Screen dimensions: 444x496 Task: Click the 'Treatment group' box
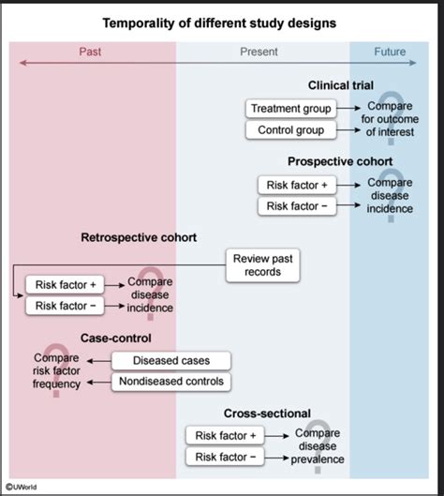(290, 109)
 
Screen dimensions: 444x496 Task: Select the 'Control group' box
(290, 129)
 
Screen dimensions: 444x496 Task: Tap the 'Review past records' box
(262, 265)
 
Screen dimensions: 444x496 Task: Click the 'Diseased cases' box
(171, 361)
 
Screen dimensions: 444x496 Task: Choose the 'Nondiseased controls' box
(171, 382)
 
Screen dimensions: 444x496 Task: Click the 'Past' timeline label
(90, 52)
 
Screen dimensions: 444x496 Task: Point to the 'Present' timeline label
(259, 52)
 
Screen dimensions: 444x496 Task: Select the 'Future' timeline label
(390, 52)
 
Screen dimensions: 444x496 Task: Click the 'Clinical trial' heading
(341, 85)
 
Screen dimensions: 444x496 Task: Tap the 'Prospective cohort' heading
(340, 161)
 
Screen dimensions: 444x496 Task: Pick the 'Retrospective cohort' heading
(139, 237)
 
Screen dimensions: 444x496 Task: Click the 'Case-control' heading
(115, 338)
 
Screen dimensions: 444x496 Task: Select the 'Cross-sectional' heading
(267, 413)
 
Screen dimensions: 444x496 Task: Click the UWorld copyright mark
(22, 487)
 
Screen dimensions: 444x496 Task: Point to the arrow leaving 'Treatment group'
(348, 108)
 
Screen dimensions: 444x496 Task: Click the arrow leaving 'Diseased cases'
(99, 361)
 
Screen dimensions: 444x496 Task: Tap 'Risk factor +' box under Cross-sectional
(225, 436)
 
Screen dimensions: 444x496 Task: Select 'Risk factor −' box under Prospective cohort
(297, 206)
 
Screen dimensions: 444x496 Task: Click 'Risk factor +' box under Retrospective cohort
(65, 285)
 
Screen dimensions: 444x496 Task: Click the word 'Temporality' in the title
(139, 23)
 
